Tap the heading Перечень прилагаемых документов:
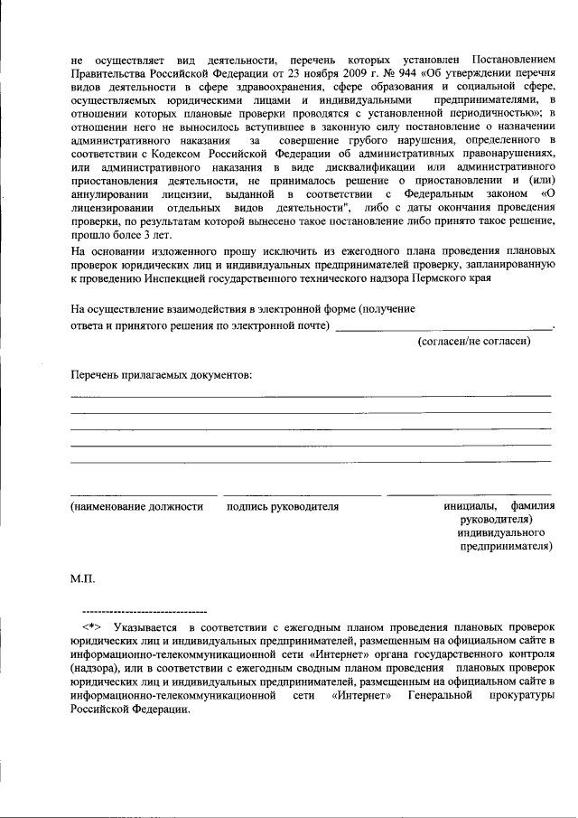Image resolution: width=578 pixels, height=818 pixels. point(161,374)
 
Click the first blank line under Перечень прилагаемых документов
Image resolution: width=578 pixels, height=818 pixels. point(311,396)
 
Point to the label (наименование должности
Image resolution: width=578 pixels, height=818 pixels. point(136,507)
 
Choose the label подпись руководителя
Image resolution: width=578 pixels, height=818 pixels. point(283,507)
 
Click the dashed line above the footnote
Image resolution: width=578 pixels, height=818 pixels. point(144,613)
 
